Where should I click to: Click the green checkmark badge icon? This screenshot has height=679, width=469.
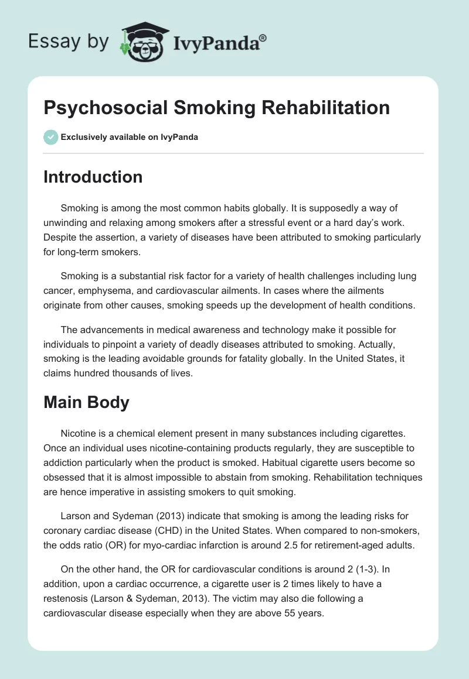click(50, 137)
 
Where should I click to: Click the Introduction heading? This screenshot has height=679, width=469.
click(93, 177)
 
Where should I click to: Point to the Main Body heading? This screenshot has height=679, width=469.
click(86, 403)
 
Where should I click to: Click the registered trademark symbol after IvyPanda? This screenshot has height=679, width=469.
click(264, 38)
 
